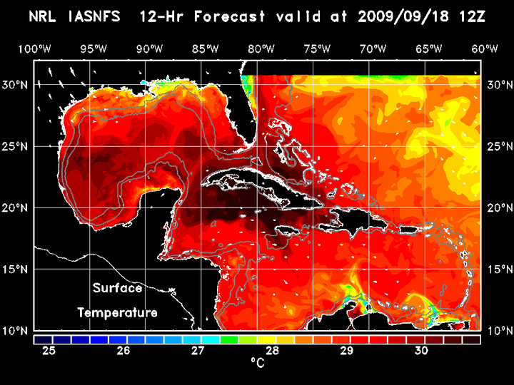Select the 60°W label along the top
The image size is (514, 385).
[484, 48]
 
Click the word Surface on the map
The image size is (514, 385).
[118, 289]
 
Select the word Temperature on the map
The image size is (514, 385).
[117, 313]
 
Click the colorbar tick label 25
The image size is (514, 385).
[49, 351]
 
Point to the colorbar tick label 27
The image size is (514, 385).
[198, 351]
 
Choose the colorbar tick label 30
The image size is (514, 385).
[421, 351]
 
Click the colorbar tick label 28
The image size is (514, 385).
[272, 351]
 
